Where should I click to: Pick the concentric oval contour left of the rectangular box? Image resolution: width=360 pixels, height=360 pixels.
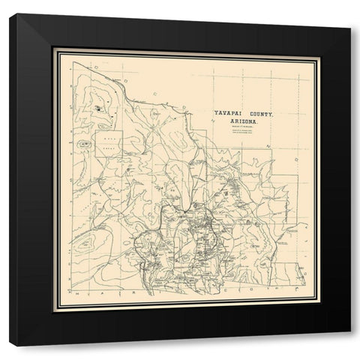84,142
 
